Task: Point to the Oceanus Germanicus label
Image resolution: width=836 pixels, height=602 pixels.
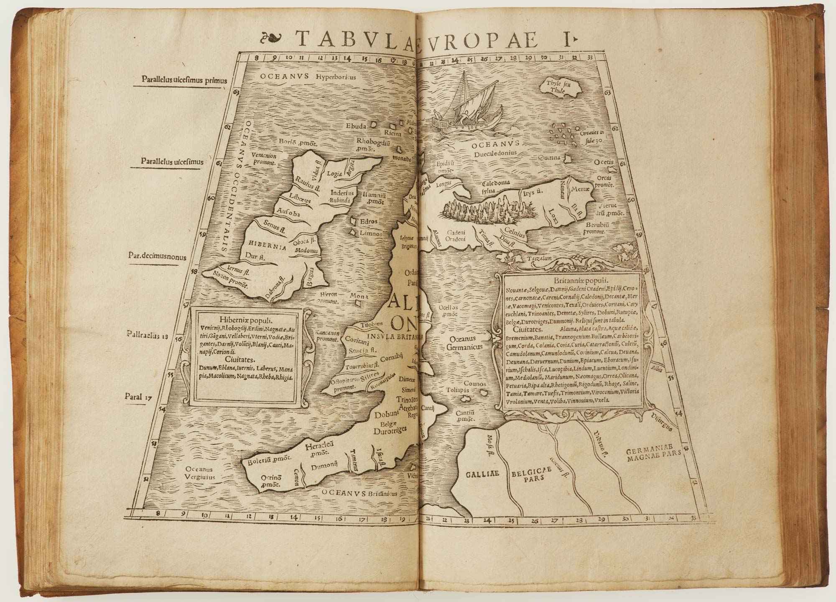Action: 464,342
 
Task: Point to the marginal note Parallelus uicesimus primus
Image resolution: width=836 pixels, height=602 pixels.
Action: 184,79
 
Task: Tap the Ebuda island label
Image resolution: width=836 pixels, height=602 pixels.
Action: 356,126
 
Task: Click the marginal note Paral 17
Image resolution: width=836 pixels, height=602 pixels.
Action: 138,397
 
